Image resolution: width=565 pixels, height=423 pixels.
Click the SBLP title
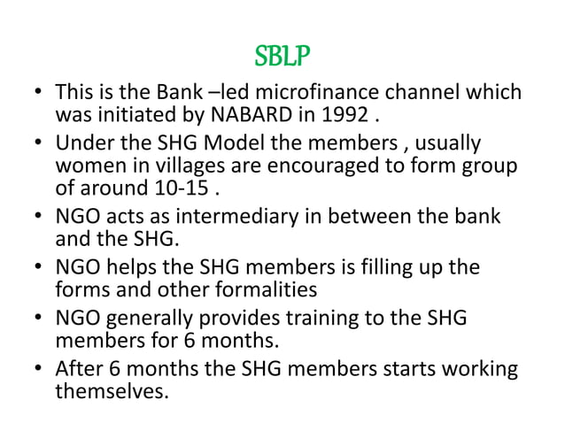coord(282,57)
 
